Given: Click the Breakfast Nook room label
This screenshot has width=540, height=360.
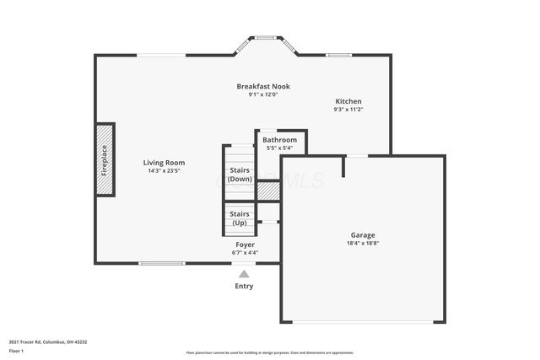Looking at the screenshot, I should [262, 87].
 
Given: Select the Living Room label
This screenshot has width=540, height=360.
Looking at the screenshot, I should [164, 163].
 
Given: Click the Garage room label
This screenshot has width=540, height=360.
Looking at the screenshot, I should [363, 235].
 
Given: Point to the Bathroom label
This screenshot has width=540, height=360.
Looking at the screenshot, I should [279, 140].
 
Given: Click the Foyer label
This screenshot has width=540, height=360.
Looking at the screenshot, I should [245, 244].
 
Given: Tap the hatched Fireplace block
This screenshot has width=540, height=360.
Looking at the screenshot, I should [105, 159].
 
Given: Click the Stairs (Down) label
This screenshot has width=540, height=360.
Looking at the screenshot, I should [240, 174].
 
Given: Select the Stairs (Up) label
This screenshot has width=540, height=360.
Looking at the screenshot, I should [240, 218].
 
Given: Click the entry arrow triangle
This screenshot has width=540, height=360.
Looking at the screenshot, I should [244, 273].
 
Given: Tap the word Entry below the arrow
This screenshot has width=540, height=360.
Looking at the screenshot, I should [244, 286].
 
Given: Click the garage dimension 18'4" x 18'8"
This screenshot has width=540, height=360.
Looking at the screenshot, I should [363, 244].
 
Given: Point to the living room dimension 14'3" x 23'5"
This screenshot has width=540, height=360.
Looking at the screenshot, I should [164, 171].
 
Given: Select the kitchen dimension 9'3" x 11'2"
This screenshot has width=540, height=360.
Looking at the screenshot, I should [348, 109].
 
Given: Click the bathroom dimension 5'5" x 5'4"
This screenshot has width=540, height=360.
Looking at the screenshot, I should [279, 148].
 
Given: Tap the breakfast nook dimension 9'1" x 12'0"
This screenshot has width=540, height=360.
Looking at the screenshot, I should [262, 94].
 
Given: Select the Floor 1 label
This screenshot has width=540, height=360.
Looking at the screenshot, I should [16, 351].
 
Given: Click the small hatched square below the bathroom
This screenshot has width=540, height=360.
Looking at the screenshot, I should [267, 191].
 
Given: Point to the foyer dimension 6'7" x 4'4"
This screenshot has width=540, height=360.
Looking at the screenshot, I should [245, 252].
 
